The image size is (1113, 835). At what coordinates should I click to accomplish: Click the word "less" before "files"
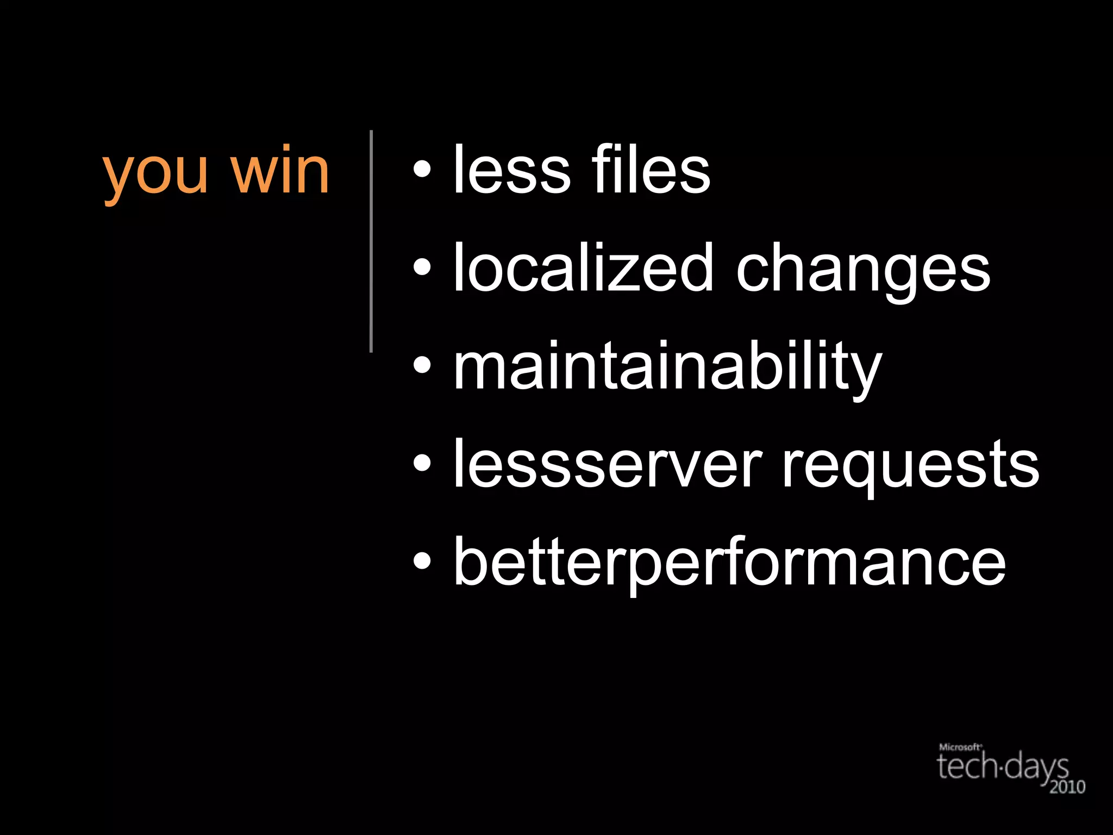(x=511, y=170)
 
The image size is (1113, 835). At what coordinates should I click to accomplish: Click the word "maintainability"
(x=668, y=366)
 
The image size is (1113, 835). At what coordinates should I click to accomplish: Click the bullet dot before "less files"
(x=422, y=170)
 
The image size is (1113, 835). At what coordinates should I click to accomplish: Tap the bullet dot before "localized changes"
(x=422, y=267)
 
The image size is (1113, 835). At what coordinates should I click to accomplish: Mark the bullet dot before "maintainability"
(x=422, y=365)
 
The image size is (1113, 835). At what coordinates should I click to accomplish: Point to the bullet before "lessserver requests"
(x=422, y=463)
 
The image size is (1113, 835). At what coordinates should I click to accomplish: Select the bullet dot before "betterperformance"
(x=422, y=561)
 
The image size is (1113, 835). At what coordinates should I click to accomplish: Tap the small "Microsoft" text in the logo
(x=960, y=747)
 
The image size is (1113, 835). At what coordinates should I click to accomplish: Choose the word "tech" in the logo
(x=968, y=766)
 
